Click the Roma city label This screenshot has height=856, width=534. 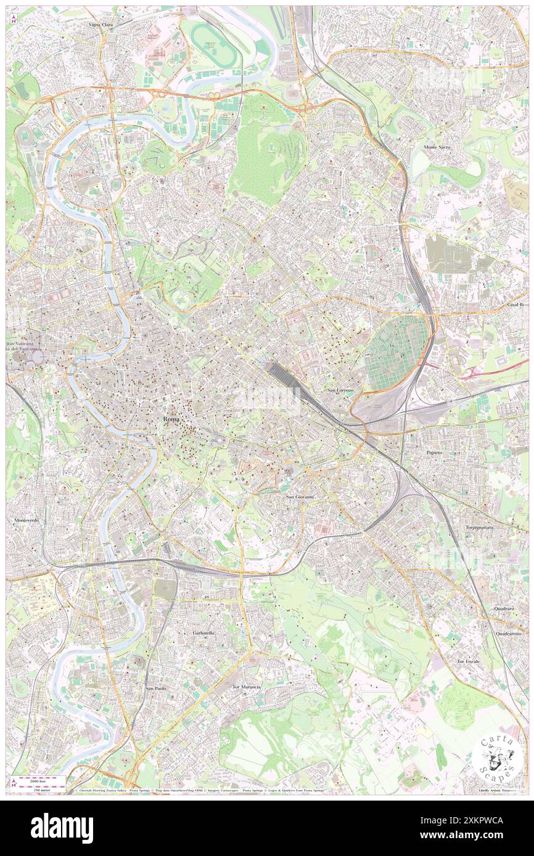tap(172, 418)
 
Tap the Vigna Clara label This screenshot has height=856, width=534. tap(103, 25)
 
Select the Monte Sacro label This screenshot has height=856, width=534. tap(438, 147)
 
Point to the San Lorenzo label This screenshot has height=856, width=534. tap(340, 390)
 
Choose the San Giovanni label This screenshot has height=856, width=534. tap(300, 496)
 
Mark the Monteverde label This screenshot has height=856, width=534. tap(27, 520)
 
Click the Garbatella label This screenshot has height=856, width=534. tap(203, 633)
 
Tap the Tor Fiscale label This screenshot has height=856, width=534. tap(468, 661)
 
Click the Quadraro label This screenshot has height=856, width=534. tap(504, 608)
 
